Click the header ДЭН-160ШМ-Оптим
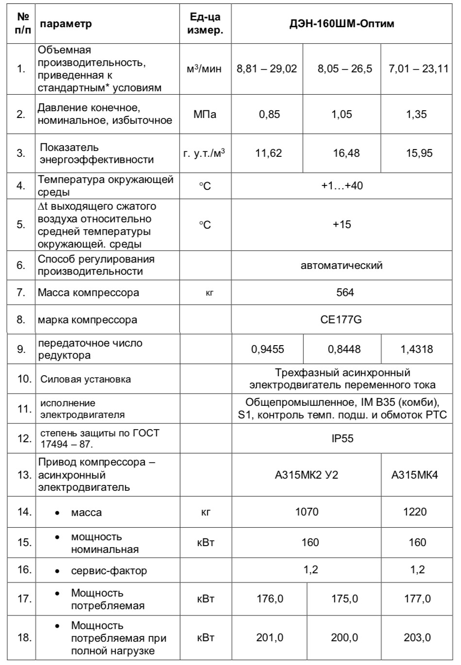pyautogui.click(x=342, y=23)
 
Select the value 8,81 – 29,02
pyautogui.click(x=267, y=68)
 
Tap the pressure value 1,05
pyautogui.click(x=342, y=115)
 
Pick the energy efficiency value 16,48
pyautogui.click(x=346, y=153)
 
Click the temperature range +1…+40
pyautogui.click(x=342, y=186)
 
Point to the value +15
pyautogui.click(x=342, y=225)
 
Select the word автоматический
pyautogui.click(x=342, y=266)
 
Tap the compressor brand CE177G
pyautogui.click(x=342, y=319)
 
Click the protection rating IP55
pyautogui.click(x=342, y=439)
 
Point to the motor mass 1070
pyautogui.click(x=307, y=512)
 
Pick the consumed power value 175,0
pyautogui.click(x=345, y=599)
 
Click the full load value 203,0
pyautogui.click(x=417, y=638)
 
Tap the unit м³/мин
pyautogui.click(x=204, y=69)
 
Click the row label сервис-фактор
pyautogui.click(x=109, y=571)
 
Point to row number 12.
pyautogui.click(x=24, y=439)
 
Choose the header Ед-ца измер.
pyautogui.click(x=206, y=23)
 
